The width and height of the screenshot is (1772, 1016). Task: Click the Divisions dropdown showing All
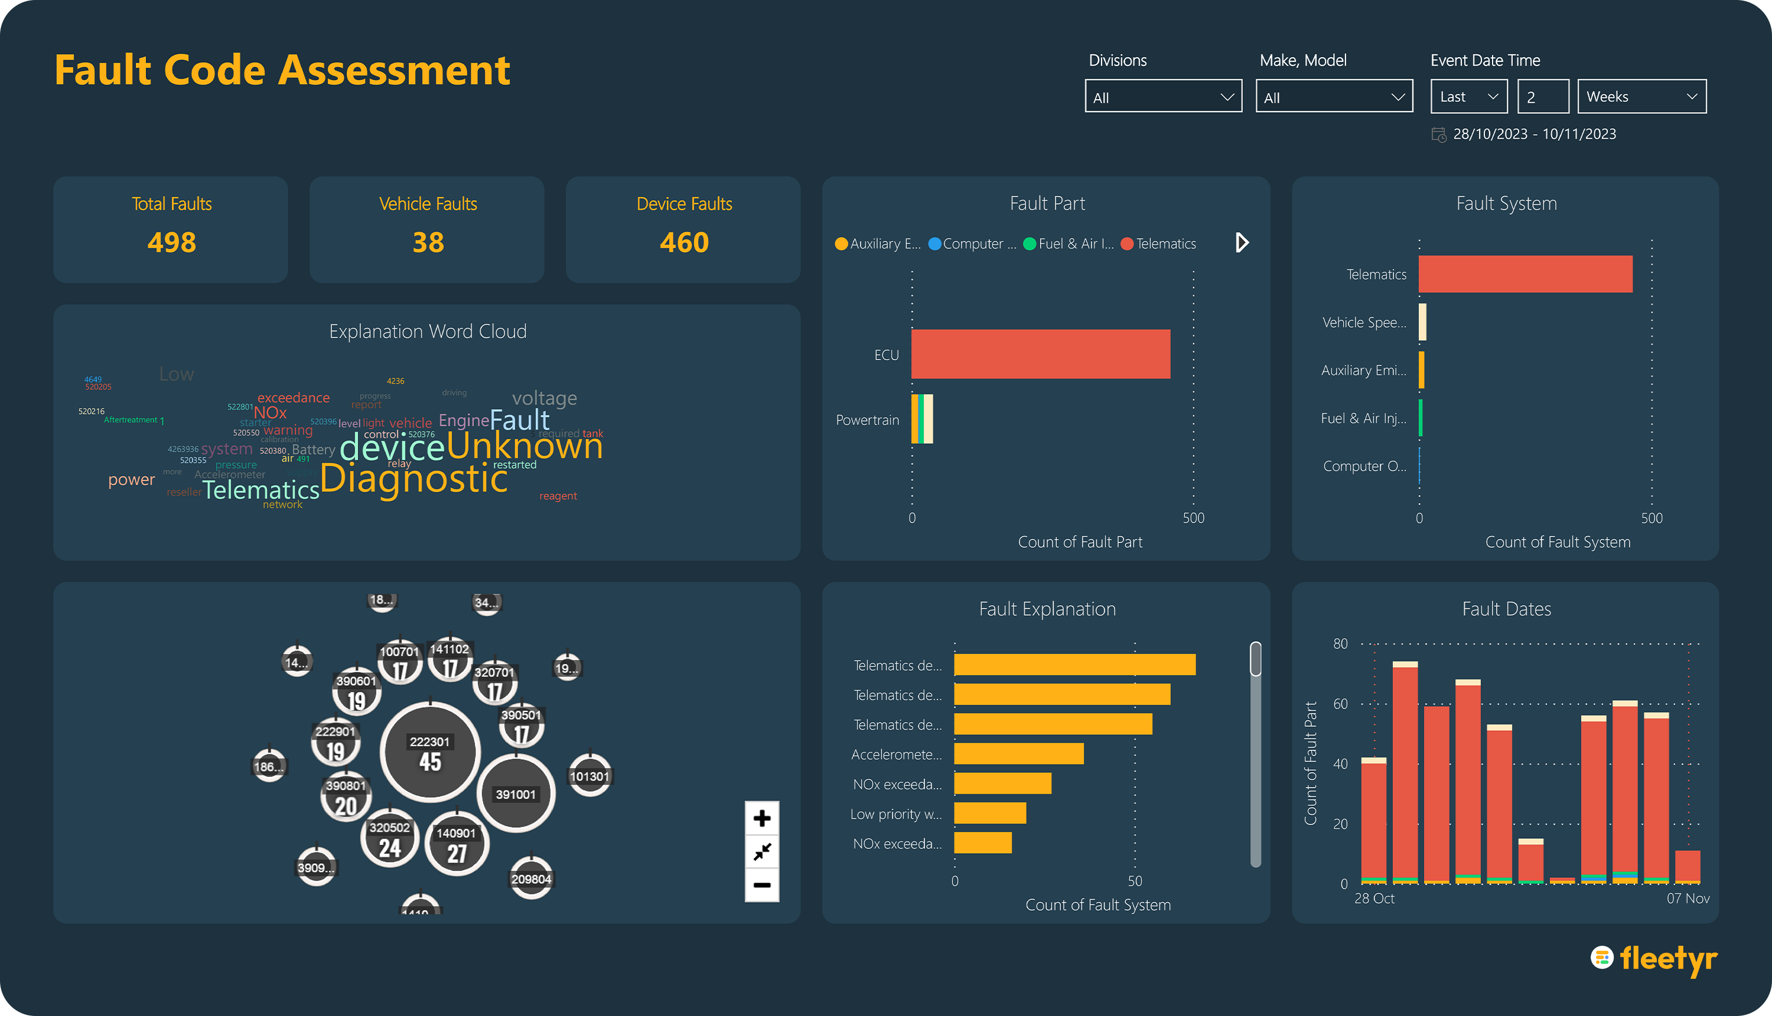pyautogui.click(x=1162, y=96)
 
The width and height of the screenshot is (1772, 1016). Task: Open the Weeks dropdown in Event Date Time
pyautogui.click(x=1641, y=96)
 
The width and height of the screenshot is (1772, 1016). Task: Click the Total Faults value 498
pyautogui.click(x=172, y=243)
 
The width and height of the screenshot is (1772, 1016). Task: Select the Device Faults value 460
pyautogui.click(x=684, y=243)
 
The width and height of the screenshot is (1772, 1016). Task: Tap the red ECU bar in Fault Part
pyautogui.click(x=1040, y=354)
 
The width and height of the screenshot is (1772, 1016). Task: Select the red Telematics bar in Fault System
pyautogui.click(x=1525, y=275)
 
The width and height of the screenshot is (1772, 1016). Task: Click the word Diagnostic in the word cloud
pyautogui.click(x=413, y=479)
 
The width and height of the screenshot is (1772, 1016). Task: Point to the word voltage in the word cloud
pyautogui.click(x=545, y=398)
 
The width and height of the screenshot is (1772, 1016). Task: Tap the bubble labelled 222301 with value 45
pyautogui.click(x=430, y=752)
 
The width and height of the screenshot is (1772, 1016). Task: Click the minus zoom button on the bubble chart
pyautogui.click(x=762, y=886)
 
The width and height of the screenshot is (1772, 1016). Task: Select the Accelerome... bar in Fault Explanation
pyautogui.click(x=1019, y=754)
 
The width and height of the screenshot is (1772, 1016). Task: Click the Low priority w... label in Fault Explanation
pyautogui.click(x=896, y=814)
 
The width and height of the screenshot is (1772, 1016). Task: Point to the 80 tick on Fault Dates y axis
pyautogui.click(x=1340, y=643)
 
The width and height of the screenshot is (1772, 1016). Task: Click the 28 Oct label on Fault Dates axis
pyautogui.click(x=1374, y=899)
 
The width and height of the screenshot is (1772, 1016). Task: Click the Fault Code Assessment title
pyautogui.click(x=282, y=70)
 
